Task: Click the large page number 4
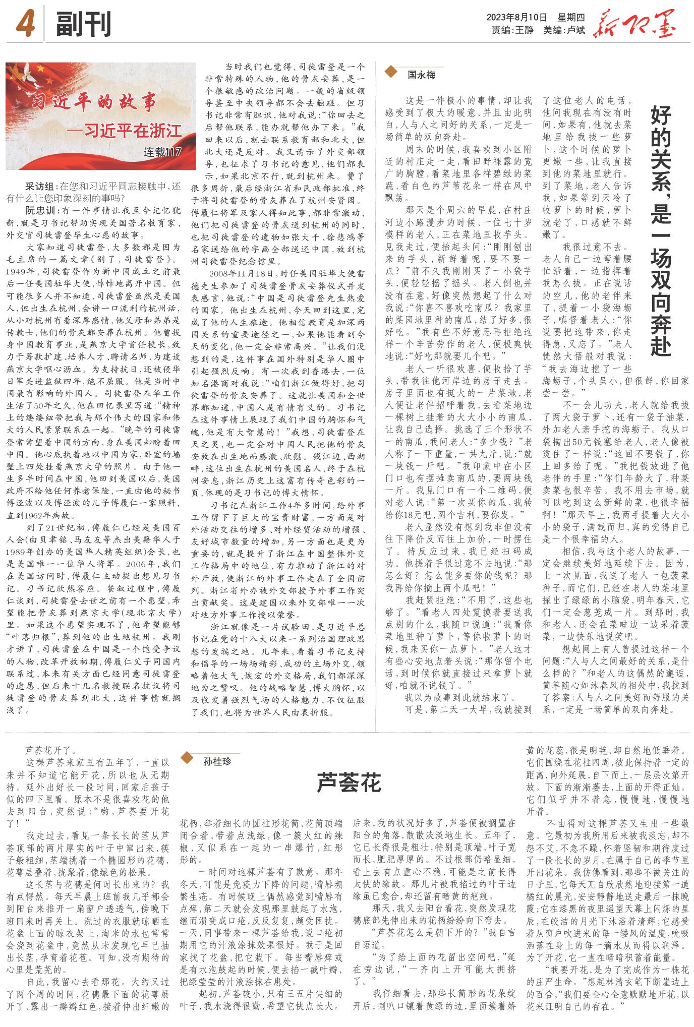(x=25, y=24)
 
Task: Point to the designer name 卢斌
(x=575, y=30)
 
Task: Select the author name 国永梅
(x=421, y=75)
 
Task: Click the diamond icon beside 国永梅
(x=392, y=74)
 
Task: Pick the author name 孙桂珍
(x=217, y=761)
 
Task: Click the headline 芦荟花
(x=349, y=782)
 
